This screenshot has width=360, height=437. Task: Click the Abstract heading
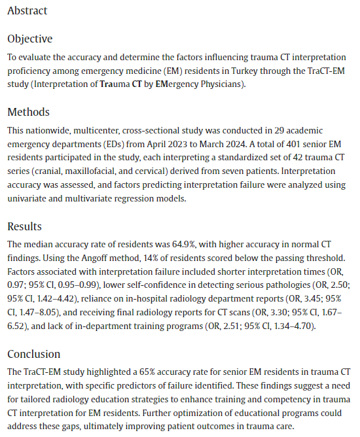tap(27, 11)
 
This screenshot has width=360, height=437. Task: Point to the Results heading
tap(24, 226)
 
